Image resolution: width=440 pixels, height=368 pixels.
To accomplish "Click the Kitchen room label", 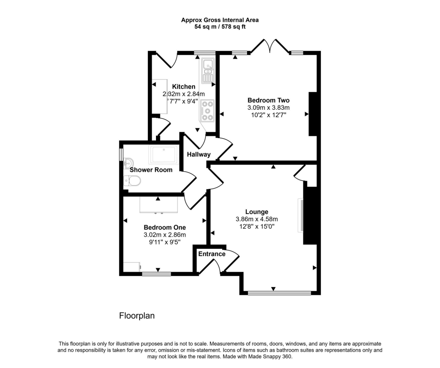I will [183, 87].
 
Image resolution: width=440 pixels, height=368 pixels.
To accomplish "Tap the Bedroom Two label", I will [268, 100].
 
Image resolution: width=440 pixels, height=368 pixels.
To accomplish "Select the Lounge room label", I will [257, 211].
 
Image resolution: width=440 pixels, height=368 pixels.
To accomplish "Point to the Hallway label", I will [198, 155].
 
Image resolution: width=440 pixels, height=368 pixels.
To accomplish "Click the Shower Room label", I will [151, 170].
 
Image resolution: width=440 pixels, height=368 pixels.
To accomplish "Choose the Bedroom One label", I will [165, 227].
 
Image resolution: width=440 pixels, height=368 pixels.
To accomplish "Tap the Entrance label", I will [211, 254].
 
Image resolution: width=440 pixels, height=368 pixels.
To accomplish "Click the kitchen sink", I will [208, 69].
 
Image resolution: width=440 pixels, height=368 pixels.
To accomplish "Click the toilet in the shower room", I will [131, 182].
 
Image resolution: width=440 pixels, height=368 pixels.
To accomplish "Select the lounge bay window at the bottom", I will [279, 293].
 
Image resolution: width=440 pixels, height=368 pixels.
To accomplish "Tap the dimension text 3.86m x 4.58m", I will [257, 219].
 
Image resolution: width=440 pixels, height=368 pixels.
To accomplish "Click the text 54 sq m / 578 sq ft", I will [220, 27].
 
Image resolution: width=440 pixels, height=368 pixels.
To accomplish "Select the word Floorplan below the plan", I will [137, 316].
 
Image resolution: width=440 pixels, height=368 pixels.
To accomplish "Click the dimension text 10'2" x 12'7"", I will [268, 115].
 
